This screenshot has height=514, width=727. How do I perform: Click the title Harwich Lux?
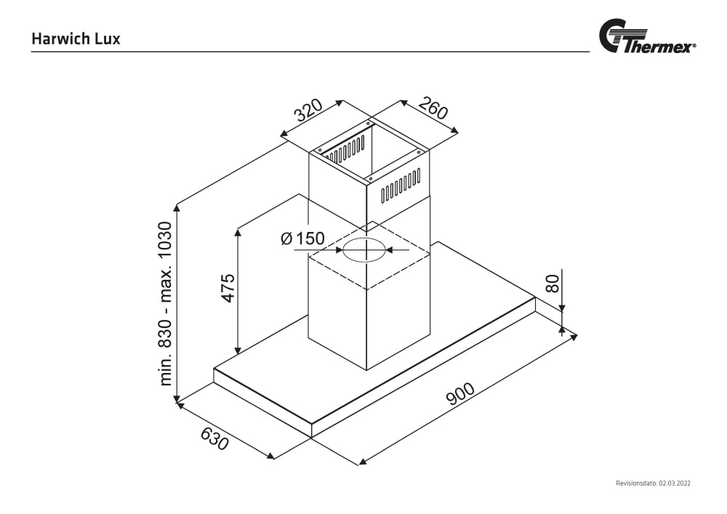(76, 39)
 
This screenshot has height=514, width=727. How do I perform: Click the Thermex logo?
(646, 39)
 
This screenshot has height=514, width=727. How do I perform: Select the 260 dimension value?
(433, 108)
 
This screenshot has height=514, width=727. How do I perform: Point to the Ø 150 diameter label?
(302, 238)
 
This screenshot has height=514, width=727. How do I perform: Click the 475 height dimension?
(228, 288)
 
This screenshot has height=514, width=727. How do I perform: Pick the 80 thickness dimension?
(553, 282)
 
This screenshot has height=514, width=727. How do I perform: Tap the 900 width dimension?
(459, 393)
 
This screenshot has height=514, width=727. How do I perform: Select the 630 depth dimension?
(214, 438)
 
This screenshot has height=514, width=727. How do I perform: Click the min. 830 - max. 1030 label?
(166, 303)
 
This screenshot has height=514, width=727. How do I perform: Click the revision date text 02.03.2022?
(675, 483)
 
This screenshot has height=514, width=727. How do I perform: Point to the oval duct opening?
(364, 250)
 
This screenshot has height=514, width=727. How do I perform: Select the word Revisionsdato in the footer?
(636, 483)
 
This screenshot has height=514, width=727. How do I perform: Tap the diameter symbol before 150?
(286, 238)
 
